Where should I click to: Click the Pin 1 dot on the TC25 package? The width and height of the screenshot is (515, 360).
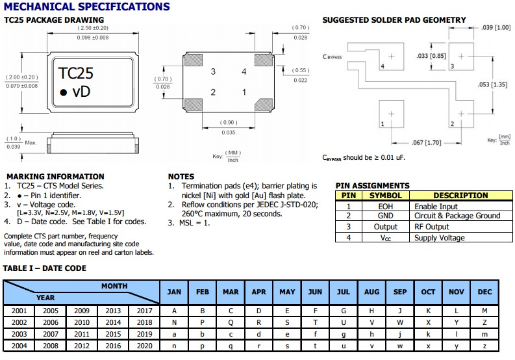pos(63,93)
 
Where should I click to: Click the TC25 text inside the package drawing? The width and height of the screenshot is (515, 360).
pos(77,72)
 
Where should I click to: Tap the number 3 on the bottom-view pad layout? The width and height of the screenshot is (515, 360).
pos(212,71)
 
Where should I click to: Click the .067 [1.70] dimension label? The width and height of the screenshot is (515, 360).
pos(427,142)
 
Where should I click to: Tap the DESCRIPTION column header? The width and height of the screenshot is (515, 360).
pos(460,195)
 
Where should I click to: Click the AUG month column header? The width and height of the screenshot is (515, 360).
pos(371,292)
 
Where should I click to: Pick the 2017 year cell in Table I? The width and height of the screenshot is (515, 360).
pos(144,311)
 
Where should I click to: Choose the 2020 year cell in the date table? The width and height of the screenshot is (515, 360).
pos(144,344)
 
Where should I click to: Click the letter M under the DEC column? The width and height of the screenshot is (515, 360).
pos(484,311)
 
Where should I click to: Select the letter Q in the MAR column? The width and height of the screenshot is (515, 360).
pos(231,322)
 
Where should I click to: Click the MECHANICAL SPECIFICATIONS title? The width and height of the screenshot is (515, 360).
pos(86,7)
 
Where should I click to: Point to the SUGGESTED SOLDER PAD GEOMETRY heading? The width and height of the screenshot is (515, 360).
pos(394,20)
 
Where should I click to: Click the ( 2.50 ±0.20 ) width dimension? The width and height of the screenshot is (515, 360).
pos(93,29)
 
